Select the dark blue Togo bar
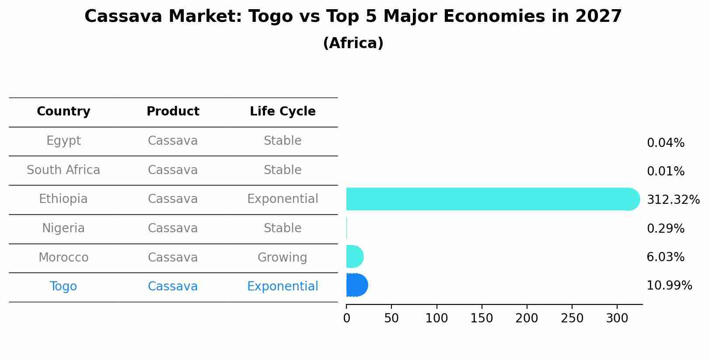tap(356, 285)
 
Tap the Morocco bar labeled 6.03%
tap(354, 257)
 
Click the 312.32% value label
tap(673, 200)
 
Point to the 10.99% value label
tap(669, 286)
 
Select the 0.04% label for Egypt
tap(665, 143)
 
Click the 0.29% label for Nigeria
tap(665, 228)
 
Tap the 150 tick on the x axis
tap(482, 318)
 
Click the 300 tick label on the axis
tap(617, 318)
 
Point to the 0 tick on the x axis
tap(346, 318)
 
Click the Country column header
tap(63, 112)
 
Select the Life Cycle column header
tap(283, 112)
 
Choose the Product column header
tap(173, 112)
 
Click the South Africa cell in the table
tap(63, 170)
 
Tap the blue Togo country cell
tap(63, 287)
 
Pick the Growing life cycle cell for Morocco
tap(282, 258)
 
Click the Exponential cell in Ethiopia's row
tap(283, 199)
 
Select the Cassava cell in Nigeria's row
tap(173, 228)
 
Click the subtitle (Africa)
tap(353, 43)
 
